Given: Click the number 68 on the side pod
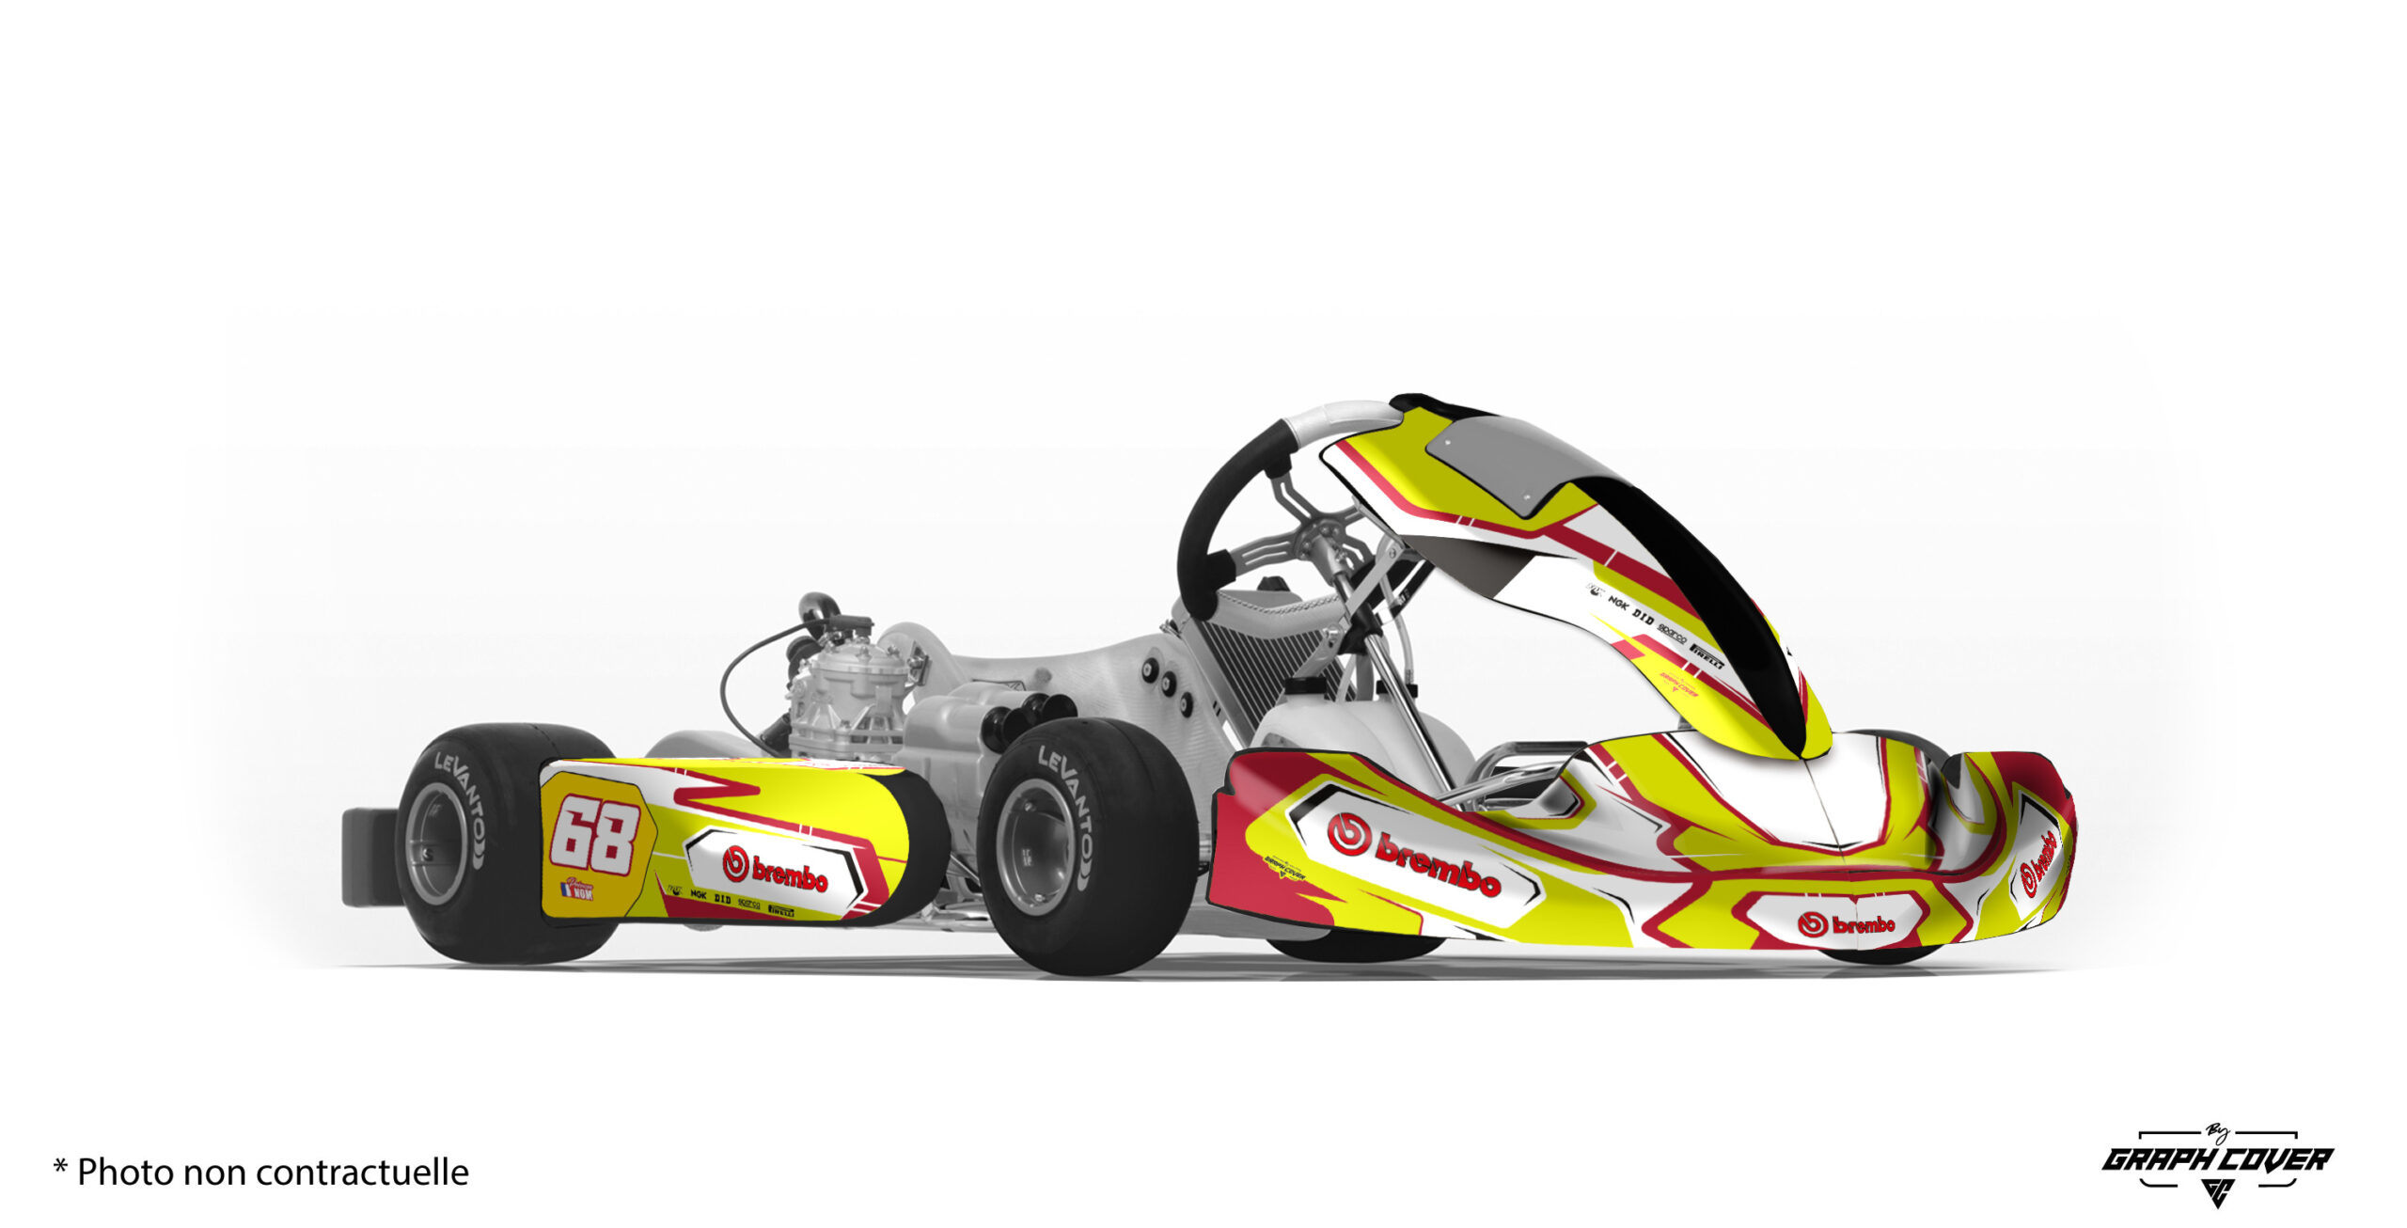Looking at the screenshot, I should tap(594, 834).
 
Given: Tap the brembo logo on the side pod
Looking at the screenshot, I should tap(776, 870).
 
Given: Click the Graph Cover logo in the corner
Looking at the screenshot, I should tap(2217, 1162).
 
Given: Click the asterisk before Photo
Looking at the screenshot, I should tap(60, 1168).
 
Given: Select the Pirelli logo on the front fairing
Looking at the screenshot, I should tap(1706, 651).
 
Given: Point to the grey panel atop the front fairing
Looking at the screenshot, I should tap(1504, 461).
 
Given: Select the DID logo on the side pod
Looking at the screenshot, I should tap(722, 900).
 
